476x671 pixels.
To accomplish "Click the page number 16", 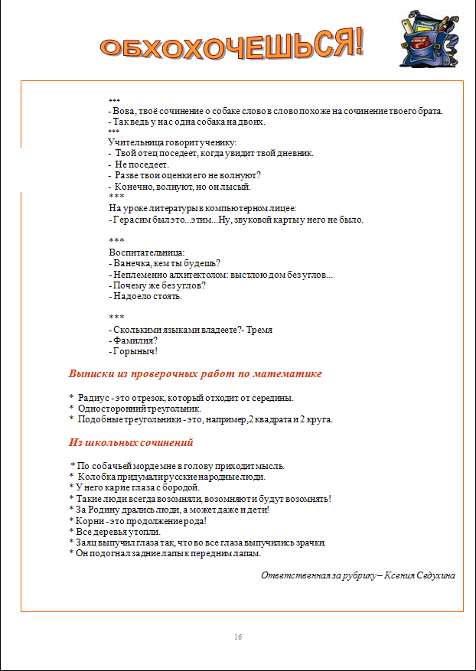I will [x=238, y=637].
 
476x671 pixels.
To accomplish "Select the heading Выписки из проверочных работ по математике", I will [x=195, y=374].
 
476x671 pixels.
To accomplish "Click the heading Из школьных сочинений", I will [x=131, y=442].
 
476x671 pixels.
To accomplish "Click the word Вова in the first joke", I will [x=125, y=111].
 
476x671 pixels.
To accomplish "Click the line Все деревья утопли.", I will [x=115, y=531].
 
